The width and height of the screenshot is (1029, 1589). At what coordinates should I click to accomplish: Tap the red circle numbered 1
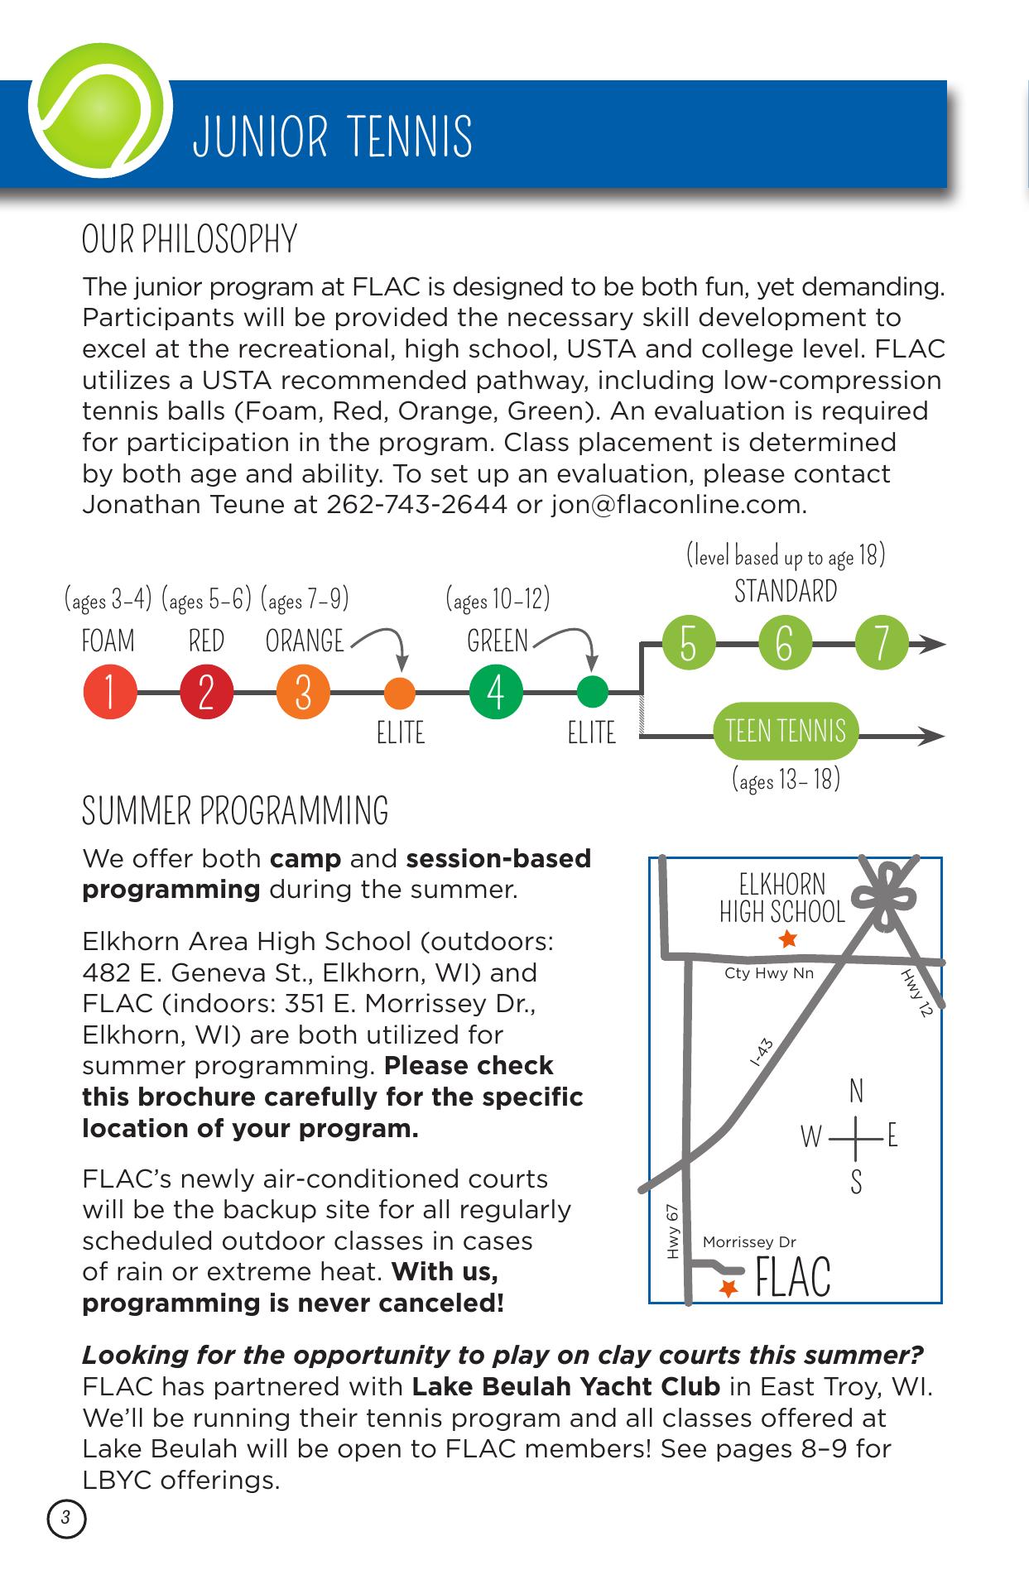pos(109,692)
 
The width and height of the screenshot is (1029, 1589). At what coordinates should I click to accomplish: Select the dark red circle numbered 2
pos(207,692)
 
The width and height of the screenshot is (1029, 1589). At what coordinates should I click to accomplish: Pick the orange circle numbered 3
pos(304,692)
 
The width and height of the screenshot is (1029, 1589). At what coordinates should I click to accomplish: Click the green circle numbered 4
pos(496,692)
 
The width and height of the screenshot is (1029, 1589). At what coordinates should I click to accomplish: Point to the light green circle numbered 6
pos(785,644)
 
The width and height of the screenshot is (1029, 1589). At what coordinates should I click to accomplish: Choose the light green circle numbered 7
pos(882,644)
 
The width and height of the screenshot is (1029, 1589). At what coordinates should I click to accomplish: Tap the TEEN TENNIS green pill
pos(786,732)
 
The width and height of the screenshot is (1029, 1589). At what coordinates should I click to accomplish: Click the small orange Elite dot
pos(401,692)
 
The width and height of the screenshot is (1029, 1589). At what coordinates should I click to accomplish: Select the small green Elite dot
pos(592,692)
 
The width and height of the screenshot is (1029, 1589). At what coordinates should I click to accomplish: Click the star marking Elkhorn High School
pos(787,939)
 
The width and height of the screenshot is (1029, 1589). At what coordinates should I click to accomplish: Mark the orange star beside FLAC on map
pos(728,1289)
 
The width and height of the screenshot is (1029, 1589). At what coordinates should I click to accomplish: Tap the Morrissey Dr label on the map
pos(749,1242)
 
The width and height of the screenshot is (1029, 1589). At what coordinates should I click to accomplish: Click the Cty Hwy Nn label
pos(769,973)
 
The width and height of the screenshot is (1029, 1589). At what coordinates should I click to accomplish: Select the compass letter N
pos(857,1092)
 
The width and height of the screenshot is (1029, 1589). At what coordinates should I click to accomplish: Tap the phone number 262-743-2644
pos(416,504)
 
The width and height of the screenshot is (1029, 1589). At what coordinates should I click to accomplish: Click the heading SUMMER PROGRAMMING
pos(235,811)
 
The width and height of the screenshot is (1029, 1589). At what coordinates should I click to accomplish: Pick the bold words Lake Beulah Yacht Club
pos(565,1386)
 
